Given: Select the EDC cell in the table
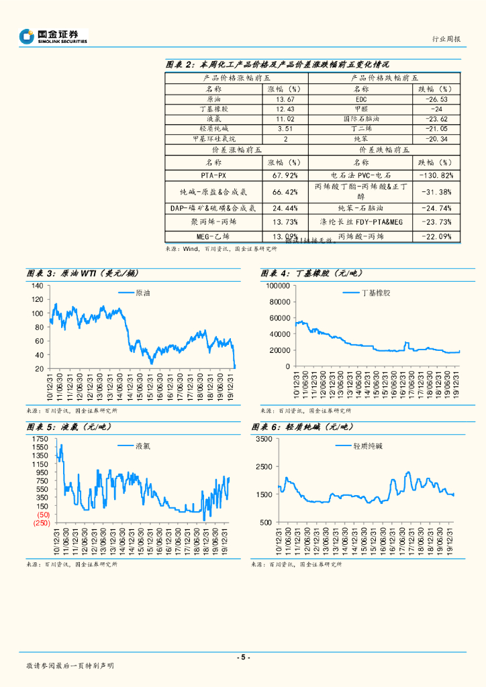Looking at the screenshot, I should pos(360,100).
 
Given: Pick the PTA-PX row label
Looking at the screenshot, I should pos(212,175).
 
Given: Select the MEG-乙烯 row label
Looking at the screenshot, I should pos(212,236).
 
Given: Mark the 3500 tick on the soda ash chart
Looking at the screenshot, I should pos(263,439).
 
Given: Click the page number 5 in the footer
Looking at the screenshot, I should pos(243,657).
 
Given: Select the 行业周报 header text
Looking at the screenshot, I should pos(445,39).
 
